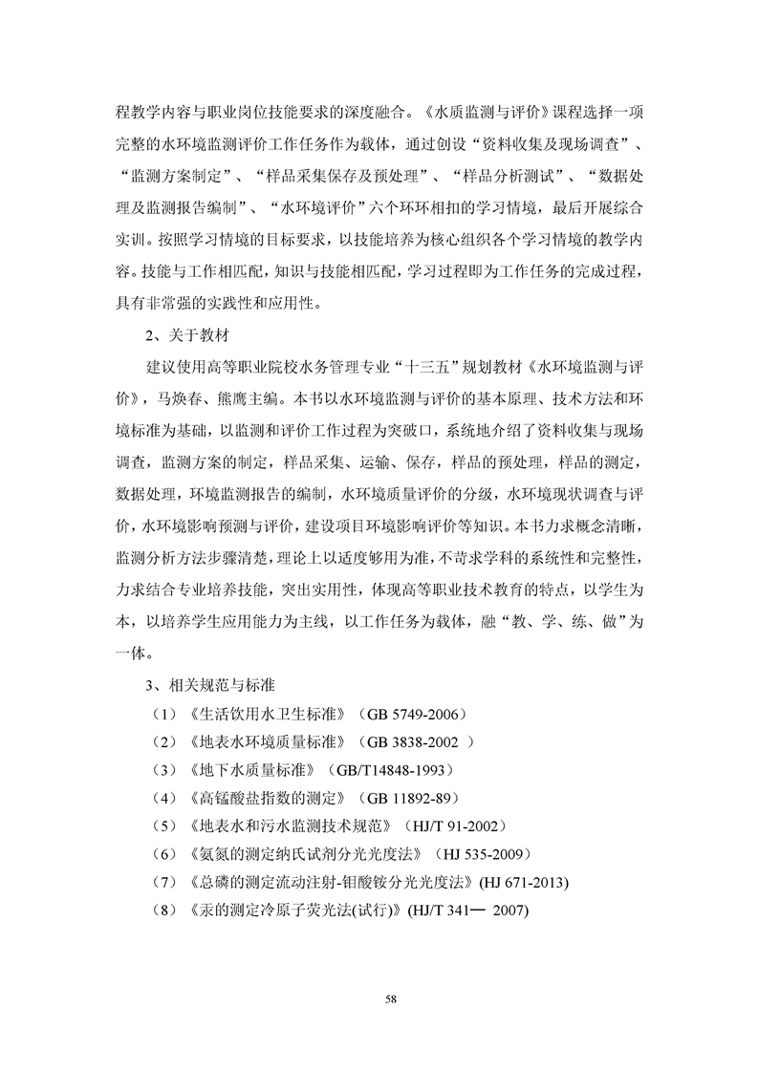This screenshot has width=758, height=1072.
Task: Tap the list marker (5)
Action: [166, 825]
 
